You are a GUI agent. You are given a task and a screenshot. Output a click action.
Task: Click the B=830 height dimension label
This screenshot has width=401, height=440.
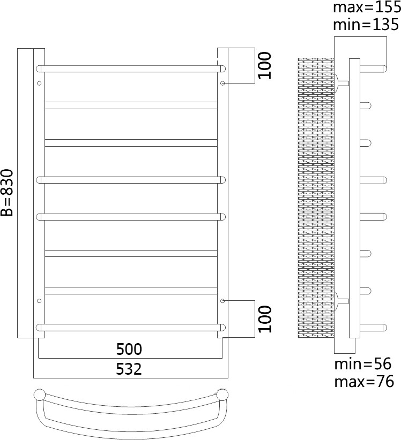pos(7,193)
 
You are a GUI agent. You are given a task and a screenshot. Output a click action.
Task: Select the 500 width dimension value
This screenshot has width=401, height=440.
pos(129,350)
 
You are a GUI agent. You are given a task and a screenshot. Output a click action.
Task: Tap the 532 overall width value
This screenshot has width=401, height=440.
pos(129,369)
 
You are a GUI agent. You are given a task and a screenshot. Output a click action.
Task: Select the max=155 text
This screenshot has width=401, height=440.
pos(366,8)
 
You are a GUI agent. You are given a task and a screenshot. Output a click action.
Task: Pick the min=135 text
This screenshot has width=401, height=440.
pos(366,25)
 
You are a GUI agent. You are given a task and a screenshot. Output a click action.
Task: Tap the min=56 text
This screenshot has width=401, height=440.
pos(363,365)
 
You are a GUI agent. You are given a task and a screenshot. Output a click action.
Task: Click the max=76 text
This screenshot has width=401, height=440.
pos(364,382)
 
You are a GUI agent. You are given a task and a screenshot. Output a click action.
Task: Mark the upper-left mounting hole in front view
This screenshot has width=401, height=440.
pos(39,84)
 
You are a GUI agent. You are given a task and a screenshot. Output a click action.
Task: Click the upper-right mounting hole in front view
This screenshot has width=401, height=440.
pos(222,84)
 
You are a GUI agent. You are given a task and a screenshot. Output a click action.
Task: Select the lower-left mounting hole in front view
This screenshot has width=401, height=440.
pos(39,301)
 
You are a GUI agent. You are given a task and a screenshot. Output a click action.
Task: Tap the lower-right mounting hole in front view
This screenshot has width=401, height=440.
pos(222,301)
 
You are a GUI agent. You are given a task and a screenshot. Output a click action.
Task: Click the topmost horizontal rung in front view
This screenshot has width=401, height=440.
pos(131,69)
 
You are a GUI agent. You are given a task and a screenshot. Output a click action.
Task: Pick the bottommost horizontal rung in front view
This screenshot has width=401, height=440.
pos(131,327)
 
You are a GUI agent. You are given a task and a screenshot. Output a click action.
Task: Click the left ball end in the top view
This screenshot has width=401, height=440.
pos(40,396)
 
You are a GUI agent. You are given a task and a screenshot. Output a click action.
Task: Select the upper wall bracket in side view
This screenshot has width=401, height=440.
pos(341,82)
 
